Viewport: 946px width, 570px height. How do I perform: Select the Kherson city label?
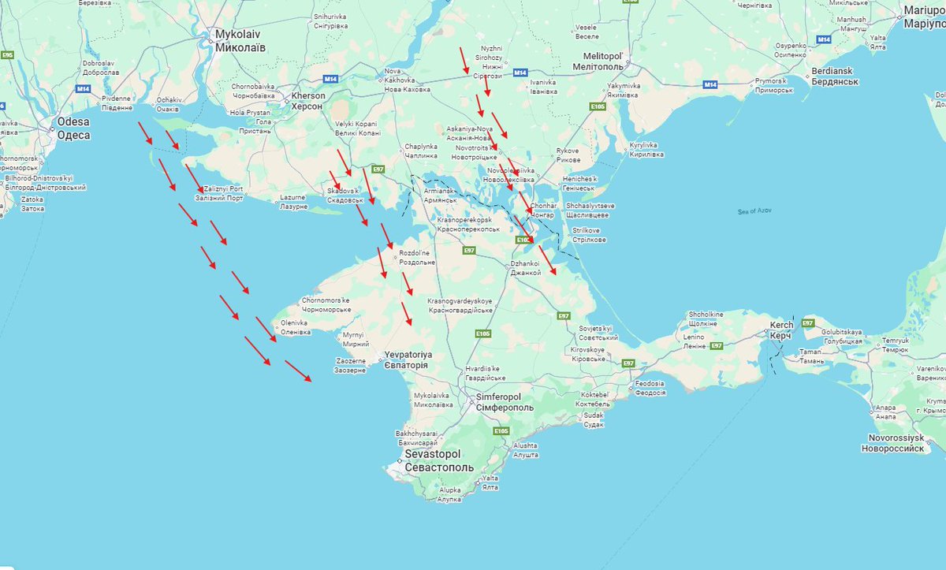[x=308, y=100]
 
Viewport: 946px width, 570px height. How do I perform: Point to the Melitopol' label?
[x=603, y=61]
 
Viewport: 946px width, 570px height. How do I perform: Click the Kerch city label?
[x=780, y=330]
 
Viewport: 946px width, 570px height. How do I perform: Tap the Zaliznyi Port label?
[x=222, y=193]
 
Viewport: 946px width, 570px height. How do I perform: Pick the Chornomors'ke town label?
[x=326, y=305]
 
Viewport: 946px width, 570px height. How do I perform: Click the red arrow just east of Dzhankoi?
[x=547, y=259]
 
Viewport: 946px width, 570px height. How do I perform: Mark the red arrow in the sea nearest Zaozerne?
[x=298, y=371]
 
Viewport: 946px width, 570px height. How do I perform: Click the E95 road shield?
[x=8, y=54]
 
